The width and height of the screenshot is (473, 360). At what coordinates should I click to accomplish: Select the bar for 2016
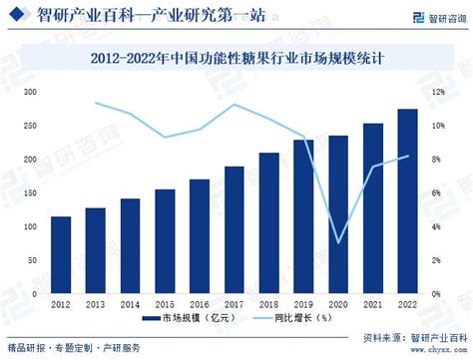click(x=200, y=236)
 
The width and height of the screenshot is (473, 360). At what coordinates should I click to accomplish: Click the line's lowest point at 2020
click(x=338, y=242)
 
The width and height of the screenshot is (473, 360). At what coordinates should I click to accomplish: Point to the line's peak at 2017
click(x=235, y=105)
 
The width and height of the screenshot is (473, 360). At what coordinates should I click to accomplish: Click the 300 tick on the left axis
click(x=30, y=92)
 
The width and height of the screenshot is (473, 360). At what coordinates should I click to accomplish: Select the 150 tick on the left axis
click(x=30, y=193)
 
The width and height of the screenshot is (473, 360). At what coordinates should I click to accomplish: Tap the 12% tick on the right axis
click(x=437, y=92)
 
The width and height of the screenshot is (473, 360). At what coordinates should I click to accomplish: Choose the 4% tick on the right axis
click(x=436, y=227)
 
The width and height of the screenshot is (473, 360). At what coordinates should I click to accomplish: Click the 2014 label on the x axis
click(x=131, y=302)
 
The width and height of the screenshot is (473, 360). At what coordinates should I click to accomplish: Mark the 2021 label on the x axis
click(x=372, y=302)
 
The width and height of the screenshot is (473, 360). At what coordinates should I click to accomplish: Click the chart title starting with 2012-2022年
click(x=236, y=60)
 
